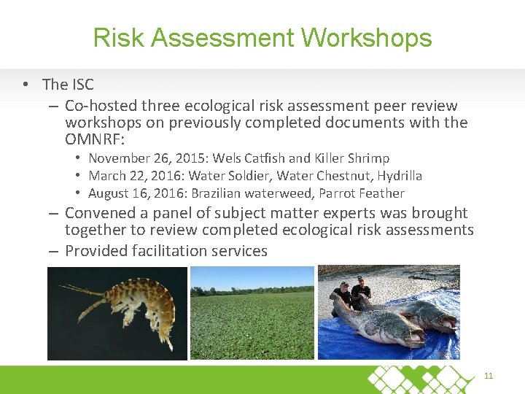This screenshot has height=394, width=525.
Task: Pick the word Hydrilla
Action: [398, 176]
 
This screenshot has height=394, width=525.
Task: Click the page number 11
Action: [489, 376]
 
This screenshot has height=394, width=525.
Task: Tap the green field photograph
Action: [252, 312]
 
